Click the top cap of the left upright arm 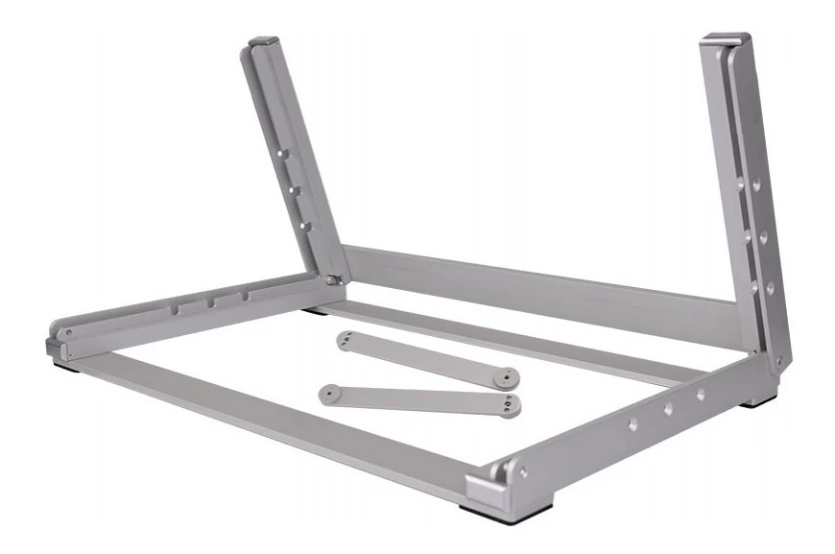coord(264,42)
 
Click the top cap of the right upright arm coord(726,39)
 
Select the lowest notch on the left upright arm coord(304,227)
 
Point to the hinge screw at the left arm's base coord(331,279)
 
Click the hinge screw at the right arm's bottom coord(777,361)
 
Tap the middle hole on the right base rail coord(668,409)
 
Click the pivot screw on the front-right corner coord(521,471)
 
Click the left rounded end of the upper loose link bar coord(345,338)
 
